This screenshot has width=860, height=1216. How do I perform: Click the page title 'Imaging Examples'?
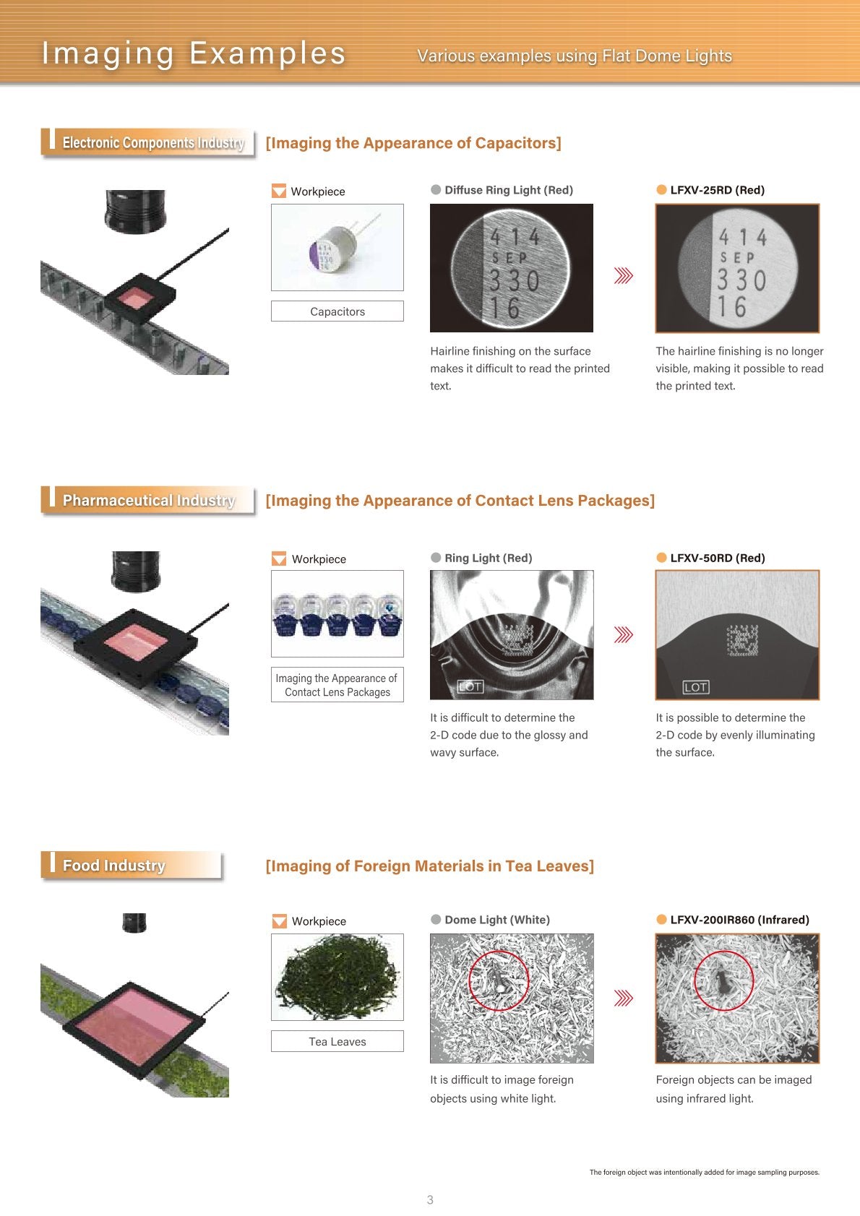point(194,53)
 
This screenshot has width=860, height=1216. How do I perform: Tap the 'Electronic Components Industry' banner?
point(147,143)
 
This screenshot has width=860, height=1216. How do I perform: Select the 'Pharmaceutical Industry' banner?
point(147,500)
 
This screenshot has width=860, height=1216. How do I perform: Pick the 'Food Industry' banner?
point(132,865)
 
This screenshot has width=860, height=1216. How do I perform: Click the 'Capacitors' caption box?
point(337,311)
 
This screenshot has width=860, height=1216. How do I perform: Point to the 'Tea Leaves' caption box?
point(337,1041)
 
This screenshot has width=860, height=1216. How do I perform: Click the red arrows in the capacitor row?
point(623,275)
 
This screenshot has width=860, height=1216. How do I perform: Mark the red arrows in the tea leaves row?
point(623,998)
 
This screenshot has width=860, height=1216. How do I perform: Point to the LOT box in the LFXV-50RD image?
point(695,687)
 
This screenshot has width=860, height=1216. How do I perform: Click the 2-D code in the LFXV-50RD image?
point(742,640)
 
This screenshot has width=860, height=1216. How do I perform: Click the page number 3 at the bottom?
point(430,1199)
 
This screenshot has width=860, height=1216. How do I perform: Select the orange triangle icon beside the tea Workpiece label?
point(279,920)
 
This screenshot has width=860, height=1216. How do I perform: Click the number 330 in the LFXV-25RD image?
point(741,280)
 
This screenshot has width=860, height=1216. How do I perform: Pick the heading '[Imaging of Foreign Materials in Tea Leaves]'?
point(429,866)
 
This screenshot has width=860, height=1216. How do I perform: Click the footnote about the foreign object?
point(704,1172)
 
